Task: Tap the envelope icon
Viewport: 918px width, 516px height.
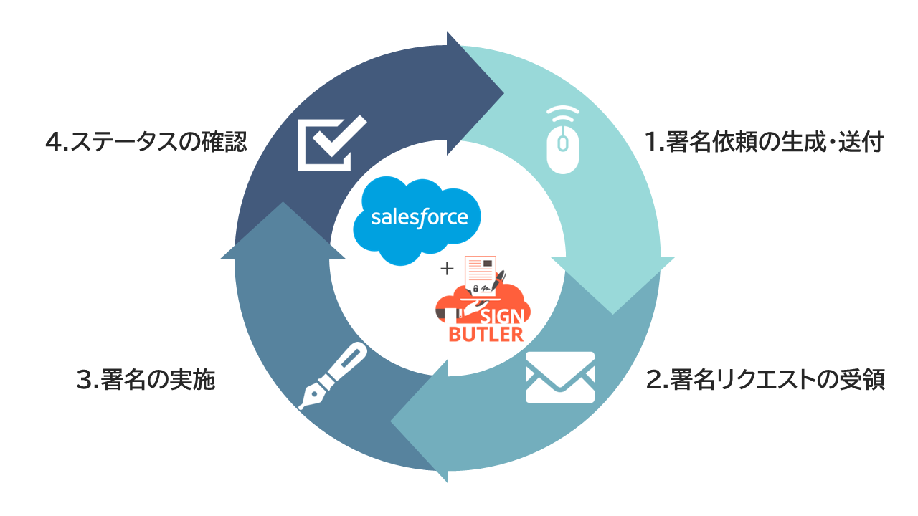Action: pyautogui.click(x=560, y=377)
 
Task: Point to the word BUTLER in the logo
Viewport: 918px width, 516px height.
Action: pyautogui.click(x=486, y=334)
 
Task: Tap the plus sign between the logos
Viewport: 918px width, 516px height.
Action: pyautogui.click(x=448, y=269)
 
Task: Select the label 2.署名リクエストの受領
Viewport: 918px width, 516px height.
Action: pyautogui.click(x=765, y=380)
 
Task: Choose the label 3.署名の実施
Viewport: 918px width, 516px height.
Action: pyautogui.click(x=145, y=380)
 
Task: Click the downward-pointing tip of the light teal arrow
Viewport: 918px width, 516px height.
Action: pyautogui.click(x=612, y=310)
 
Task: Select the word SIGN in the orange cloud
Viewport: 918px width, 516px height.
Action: pyautogui.click(x=505, y=315)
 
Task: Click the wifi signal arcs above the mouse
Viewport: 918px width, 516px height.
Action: pyautogui.click(x=563, y=114)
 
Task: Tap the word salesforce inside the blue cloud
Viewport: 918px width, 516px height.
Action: pyautogui.click(x=420, y=217)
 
